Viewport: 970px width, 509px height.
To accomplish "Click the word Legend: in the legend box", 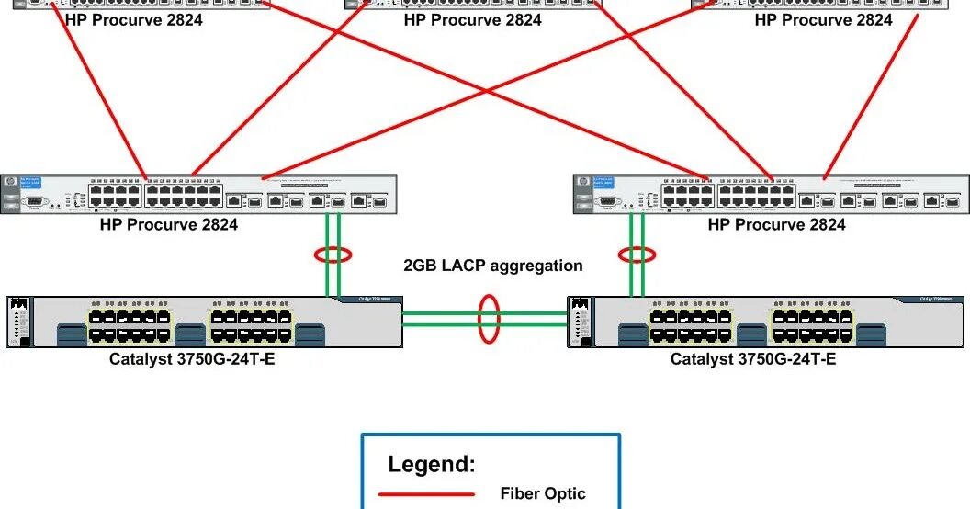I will tap(432, 464).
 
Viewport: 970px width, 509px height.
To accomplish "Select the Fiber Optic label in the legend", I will tap(542, 493).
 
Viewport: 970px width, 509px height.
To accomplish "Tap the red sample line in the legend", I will tap(427, 494).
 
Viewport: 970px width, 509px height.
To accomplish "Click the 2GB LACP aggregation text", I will tap(493, 266).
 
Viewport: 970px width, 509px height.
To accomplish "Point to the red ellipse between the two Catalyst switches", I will tap(488, 318).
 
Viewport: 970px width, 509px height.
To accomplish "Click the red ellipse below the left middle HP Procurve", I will tap(333, 254).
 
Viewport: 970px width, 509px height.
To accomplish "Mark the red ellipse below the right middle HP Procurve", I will tap(637, 254).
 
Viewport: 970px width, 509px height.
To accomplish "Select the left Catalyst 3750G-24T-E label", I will tap(192, 358).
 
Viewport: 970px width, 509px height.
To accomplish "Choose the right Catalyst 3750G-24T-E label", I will tap(753, 358).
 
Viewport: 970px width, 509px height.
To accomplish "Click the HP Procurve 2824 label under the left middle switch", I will tap(169, 224).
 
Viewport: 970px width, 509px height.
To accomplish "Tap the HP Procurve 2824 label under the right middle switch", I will tap(776, 224).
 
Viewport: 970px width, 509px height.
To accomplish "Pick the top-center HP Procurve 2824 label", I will tap(472, 19).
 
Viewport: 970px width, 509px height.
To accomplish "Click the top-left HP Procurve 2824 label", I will tap(134, 19).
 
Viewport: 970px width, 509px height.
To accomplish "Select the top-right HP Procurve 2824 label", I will tap(823, 19).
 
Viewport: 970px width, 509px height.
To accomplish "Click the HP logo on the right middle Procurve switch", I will tap(582, 183).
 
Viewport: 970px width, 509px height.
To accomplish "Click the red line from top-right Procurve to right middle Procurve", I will tap(873, 96).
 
